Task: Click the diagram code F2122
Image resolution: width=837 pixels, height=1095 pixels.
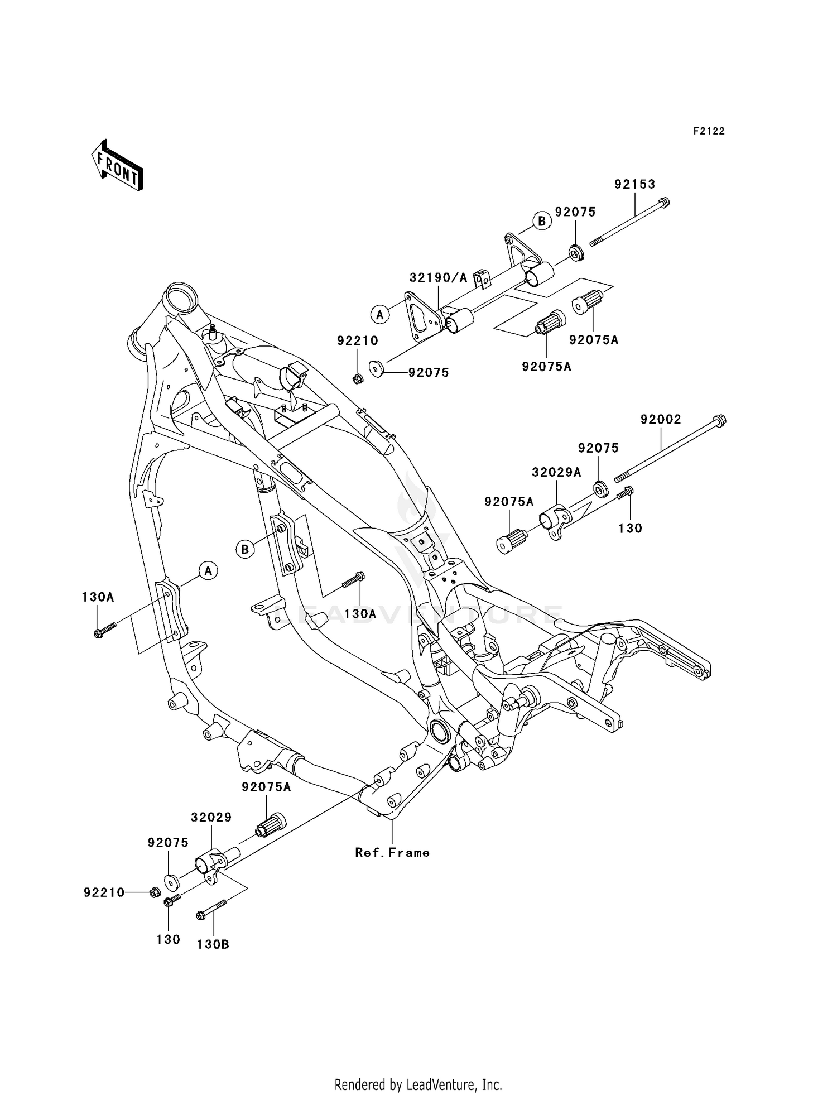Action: tap(709, 131)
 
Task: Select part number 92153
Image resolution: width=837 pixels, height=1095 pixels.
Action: tap(634, 184)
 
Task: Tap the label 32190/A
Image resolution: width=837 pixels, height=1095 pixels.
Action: tap(438, 277)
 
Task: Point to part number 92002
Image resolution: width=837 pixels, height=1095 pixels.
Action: tap(661, 420)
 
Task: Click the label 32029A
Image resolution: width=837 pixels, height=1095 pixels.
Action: tap(556, 473)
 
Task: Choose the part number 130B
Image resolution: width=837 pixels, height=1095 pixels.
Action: tap(213, 944)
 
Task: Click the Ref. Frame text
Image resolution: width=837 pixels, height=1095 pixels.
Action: tap(392, 853)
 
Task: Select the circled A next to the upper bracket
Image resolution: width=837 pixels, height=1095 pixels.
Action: tap(380, 315)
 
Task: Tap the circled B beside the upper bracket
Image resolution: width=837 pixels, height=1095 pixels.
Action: tap(541, 221)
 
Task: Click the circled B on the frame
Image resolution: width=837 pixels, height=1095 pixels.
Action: tap(244, 549)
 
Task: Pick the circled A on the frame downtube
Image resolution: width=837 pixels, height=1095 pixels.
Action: tap(208, 571)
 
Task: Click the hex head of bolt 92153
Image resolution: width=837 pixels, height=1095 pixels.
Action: tap(663, 203)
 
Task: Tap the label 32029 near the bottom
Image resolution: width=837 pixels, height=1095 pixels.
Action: tap(211, 818)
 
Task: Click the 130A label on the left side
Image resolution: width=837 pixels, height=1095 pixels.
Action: tap(98, 597)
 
